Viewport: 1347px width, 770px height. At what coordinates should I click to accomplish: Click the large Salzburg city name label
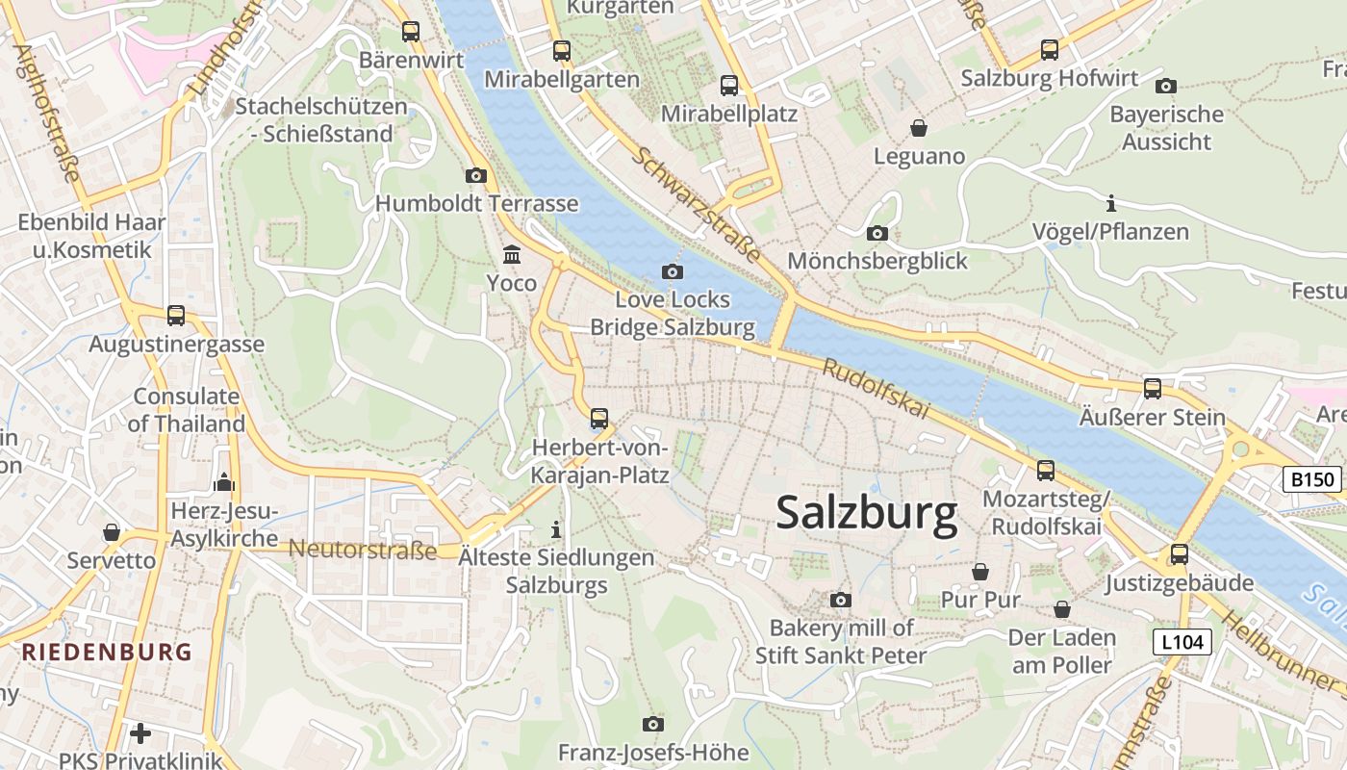(866, 512)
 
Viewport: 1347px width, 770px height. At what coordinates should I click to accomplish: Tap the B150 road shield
(1312, 479)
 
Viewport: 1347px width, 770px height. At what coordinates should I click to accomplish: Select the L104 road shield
(1182, 642)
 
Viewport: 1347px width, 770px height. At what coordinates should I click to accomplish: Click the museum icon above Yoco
(512, 255)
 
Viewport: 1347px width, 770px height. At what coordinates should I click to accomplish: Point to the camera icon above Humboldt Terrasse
(476, 175)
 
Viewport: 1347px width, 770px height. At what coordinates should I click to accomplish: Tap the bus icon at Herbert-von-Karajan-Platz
(599, 419)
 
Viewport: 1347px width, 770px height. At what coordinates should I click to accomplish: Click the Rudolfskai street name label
(876, 389)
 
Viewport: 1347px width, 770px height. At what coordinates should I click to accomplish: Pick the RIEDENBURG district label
(107, 652)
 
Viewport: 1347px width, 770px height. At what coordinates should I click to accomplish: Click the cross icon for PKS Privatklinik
(140, 733)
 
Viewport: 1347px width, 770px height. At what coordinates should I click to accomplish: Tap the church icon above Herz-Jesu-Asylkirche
(224, 481)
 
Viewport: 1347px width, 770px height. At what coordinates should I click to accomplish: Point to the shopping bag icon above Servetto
(112, 532)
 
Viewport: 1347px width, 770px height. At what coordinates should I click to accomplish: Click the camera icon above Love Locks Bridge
(673, 271)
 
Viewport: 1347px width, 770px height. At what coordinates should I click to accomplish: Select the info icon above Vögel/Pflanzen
(1110, 204)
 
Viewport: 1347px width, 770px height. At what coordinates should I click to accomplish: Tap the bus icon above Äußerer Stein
(1152, 389)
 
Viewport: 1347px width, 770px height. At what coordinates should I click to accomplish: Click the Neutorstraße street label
(363, 550)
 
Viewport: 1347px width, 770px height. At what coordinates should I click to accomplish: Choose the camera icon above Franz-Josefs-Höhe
(653, 724)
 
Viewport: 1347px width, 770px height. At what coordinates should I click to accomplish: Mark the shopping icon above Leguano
(919, 128)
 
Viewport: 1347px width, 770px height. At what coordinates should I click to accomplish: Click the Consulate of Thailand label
(186, 410)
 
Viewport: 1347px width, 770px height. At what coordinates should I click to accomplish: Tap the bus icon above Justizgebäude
(1179, 554)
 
